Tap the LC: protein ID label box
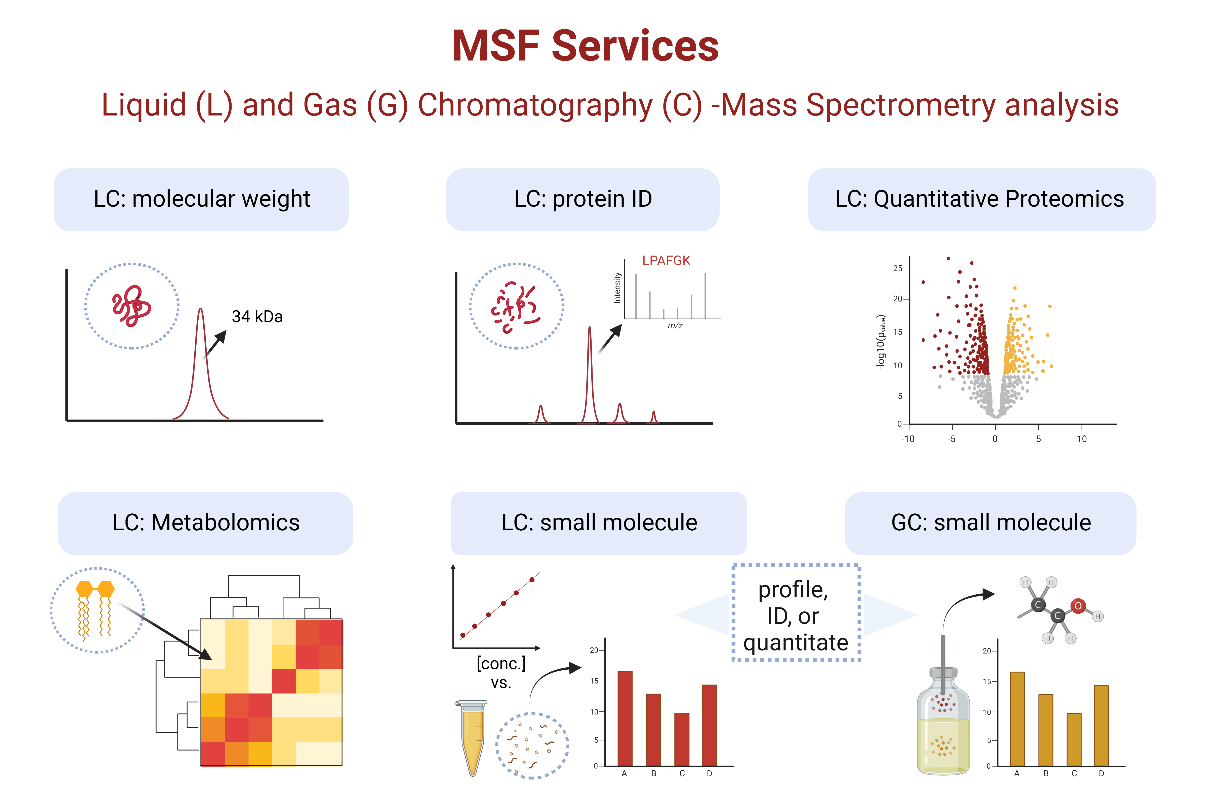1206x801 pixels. click(582, 199)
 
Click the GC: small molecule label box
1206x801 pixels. click(990, 523)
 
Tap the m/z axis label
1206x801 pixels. click(675, 325)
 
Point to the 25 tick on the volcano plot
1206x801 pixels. click(897, 268)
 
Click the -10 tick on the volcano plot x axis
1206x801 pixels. click(908, 439)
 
